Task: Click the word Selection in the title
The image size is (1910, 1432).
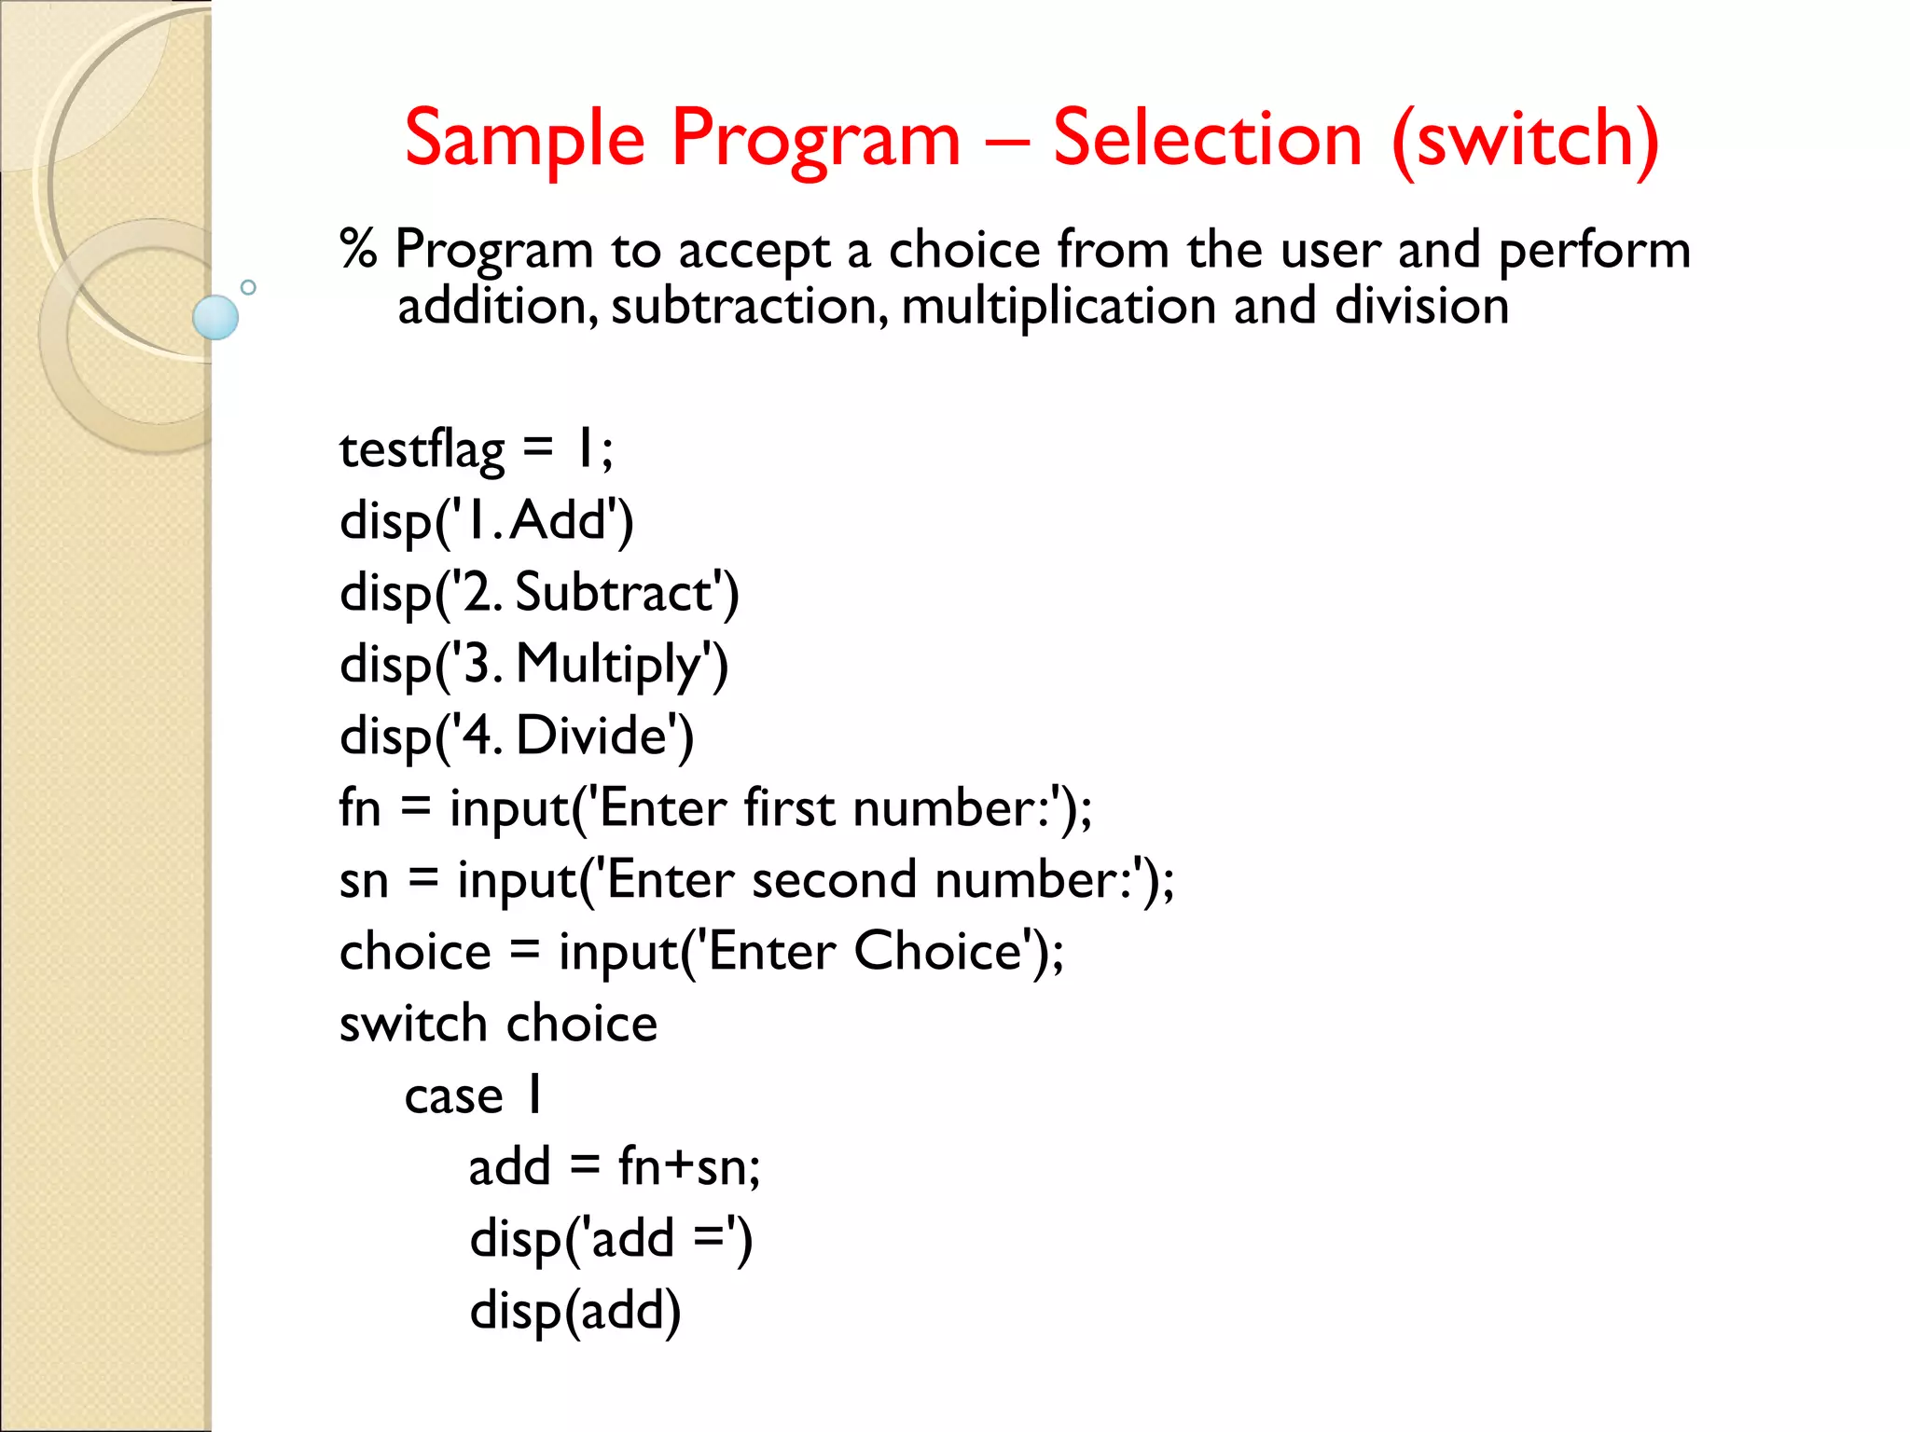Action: tap(1208, 139)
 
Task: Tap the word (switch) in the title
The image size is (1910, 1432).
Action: tap(1526, 141)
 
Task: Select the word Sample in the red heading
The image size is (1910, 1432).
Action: tap(524, 141)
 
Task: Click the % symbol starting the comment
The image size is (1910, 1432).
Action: tap(358, 250)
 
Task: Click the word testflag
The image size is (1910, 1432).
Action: tap(422, 450)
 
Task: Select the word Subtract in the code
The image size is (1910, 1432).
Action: tap(616, 593)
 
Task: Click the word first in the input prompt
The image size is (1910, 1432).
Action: tap(789, 807)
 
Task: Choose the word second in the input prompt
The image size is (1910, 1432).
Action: tap(834, 879)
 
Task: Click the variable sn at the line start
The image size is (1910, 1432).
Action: tap(364, 880)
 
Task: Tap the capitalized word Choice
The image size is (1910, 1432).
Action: tap(938, 951)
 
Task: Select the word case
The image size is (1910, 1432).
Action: tap(453, 1095)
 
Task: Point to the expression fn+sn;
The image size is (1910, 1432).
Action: tap(689, 1167)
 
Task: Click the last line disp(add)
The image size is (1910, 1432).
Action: tap(575, 1311)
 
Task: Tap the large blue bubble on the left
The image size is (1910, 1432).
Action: tap(215, 317)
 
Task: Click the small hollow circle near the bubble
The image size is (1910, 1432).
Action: tap(248, 287)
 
